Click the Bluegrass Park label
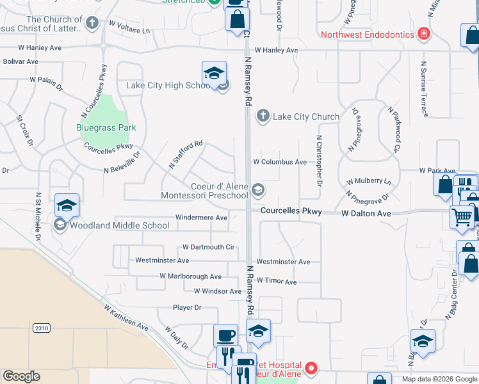106,127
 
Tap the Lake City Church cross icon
263,116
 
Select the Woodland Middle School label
120,225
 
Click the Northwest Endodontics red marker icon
423,34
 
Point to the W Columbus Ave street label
280,163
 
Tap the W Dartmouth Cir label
209,246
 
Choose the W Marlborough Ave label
190,276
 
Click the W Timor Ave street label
277,282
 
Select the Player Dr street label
187,307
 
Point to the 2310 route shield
42,328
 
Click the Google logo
21,376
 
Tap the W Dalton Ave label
366,213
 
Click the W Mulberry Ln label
368,182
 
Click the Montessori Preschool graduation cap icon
257,189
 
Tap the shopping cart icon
462,216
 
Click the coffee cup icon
225,335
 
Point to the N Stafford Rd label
186,154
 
